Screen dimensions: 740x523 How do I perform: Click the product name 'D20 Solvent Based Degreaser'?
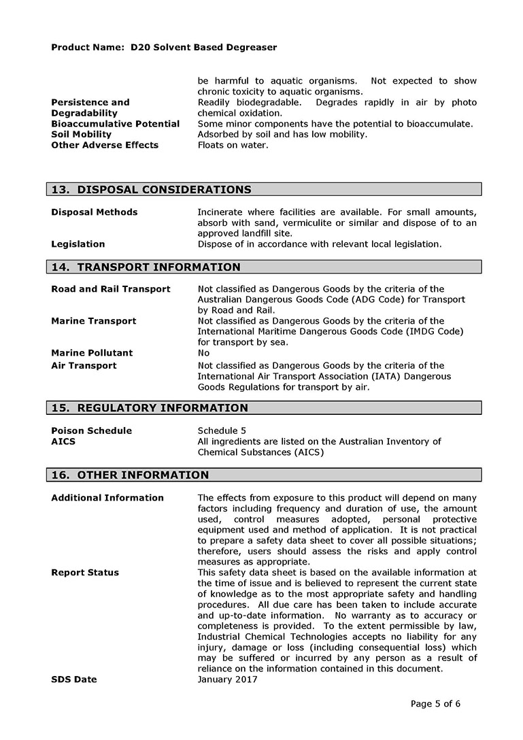pos(203,48)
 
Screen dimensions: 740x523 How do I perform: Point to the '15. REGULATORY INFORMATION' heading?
pos(150,408)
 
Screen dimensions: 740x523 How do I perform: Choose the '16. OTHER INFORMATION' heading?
pos(130,475)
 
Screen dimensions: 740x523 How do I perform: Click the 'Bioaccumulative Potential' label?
pos(116,124)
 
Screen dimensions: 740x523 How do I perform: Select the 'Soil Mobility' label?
pos(81,135)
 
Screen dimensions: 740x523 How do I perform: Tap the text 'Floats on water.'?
pos(233,145)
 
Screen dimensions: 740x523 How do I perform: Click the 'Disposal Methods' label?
pos(94,212)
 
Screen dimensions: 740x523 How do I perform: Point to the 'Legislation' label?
pos(78,243)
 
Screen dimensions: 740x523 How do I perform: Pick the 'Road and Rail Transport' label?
pos(111,289)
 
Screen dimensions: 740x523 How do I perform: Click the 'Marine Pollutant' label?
pos(92,353)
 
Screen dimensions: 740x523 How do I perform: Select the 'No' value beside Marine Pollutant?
pos(203,353)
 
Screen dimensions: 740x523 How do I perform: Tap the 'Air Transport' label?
pos(84,366)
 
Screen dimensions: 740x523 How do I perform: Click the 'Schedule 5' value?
pos(222,431)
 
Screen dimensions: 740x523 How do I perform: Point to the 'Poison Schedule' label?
pos(91,431)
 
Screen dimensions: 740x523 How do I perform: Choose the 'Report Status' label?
pos(85,573)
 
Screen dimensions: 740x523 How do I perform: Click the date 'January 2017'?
pos(227,679)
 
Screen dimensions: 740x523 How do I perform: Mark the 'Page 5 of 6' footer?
pos(435,704)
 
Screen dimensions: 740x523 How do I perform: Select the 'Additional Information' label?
pos(107,498)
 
